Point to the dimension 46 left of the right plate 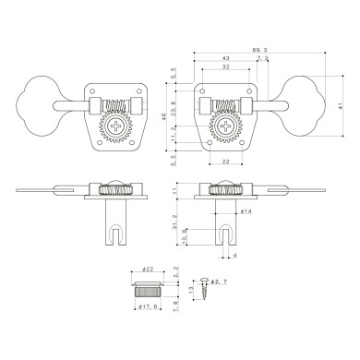164,119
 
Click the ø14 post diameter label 247,212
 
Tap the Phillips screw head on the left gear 115,126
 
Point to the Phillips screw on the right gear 226,126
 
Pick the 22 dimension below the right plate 226,162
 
